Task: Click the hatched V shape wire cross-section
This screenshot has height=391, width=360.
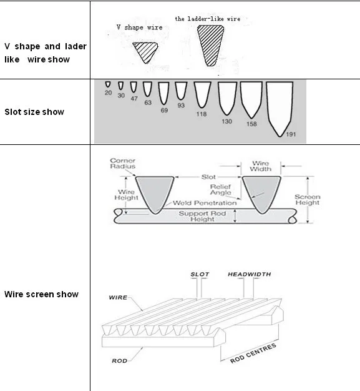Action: pos(145,52)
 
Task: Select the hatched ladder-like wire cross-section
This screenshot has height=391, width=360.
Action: pos(210,45)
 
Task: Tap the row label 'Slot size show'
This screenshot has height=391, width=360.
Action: pos(34,112)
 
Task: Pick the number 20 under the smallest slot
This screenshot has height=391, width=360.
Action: pos(108,93)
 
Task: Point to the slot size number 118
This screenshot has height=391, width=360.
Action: pos(202,114)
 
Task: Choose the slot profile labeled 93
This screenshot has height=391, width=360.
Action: pos(181,91)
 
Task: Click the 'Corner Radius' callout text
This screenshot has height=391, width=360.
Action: pos(122,163)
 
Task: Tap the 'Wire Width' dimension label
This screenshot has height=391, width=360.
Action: pos(261,166)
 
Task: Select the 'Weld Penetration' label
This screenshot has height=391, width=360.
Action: pos(205,203)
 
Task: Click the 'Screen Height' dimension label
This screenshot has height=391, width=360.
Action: pos(308,199)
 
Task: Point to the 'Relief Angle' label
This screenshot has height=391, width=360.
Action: pos(221,189)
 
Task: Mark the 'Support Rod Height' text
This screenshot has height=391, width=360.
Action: pos(202,216)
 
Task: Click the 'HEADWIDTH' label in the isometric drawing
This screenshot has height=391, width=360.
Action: pos(250,274)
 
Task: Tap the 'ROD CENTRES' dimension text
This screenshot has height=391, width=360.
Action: pos(253,354)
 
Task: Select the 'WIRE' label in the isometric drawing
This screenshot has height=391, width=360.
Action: pos(118,297)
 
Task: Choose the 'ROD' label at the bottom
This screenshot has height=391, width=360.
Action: pos(120,360)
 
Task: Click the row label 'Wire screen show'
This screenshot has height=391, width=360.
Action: pos(41,294)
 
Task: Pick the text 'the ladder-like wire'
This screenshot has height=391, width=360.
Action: pos(208,19)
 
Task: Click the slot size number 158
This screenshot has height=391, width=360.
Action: pos(251,124)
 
